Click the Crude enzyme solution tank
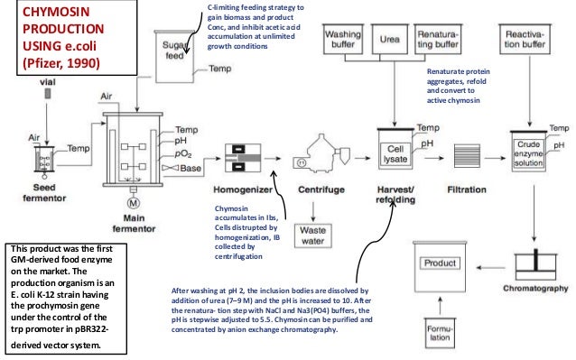(530, 152)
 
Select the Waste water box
(317, 236)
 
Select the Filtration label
(467, 190)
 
